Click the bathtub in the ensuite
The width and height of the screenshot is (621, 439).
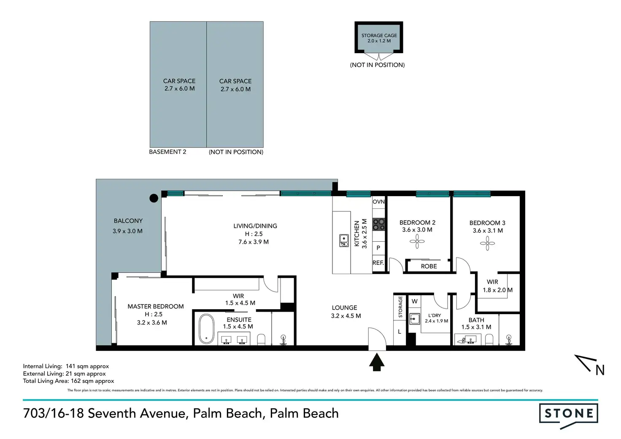(207, 329)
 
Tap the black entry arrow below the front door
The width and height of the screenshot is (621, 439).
(377, 362)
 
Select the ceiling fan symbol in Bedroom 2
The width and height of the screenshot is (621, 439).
(417, 241)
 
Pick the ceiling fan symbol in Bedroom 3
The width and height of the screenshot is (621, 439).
(487, 243)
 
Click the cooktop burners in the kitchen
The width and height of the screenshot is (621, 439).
(379, 224)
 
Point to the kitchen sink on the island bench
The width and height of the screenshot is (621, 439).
(344, 240)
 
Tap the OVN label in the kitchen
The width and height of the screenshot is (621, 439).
(379, 202)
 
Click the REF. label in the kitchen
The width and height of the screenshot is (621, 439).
(378, 263)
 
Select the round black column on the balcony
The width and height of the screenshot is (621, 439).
(154, 198)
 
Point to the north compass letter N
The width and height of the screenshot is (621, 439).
(600, 370)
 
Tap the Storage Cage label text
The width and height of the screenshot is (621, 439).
(379, 35)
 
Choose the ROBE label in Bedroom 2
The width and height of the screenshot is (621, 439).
(429, 267)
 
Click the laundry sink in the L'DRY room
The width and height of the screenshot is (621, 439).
(414, 319)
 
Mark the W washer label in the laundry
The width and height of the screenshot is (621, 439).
(415, 301)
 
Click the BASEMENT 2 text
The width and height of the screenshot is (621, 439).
(168, 152)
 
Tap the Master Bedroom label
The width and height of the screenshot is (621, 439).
(156, 307)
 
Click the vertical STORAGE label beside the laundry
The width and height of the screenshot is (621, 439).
(400, 307)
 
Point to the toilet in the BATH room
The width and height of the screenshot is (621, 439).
(489, 339)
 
